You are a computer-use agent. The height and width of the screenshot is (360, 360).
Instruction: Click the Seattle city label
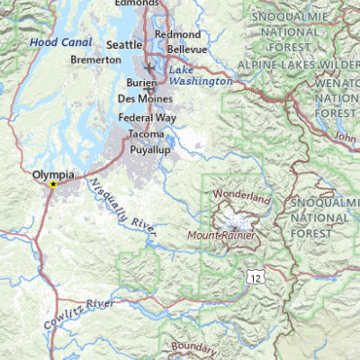click(x=124, y=44)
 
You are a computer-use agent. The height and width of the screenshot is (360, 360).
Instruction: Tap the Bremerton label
click(x=96, y=59)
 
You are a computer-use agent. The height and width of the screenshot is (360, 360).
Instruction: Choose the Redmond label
click(x=177, y=33)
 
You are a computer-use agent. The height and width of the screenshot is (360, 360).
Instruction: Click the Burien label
click(x=133, y=82)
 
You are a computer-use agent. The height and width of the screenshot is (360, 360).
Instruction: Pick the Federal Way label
click(x=148, y=117)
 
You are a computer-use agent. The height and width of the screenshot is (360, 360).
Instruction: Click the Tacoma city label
click(x=146, y=134)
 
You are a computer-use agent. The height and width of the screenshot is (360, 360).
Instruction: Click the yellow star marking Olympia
click(x=53, y=184)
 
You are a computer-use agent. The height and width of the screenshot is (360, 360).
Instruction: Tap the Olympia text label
click(x=52, y=175)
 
